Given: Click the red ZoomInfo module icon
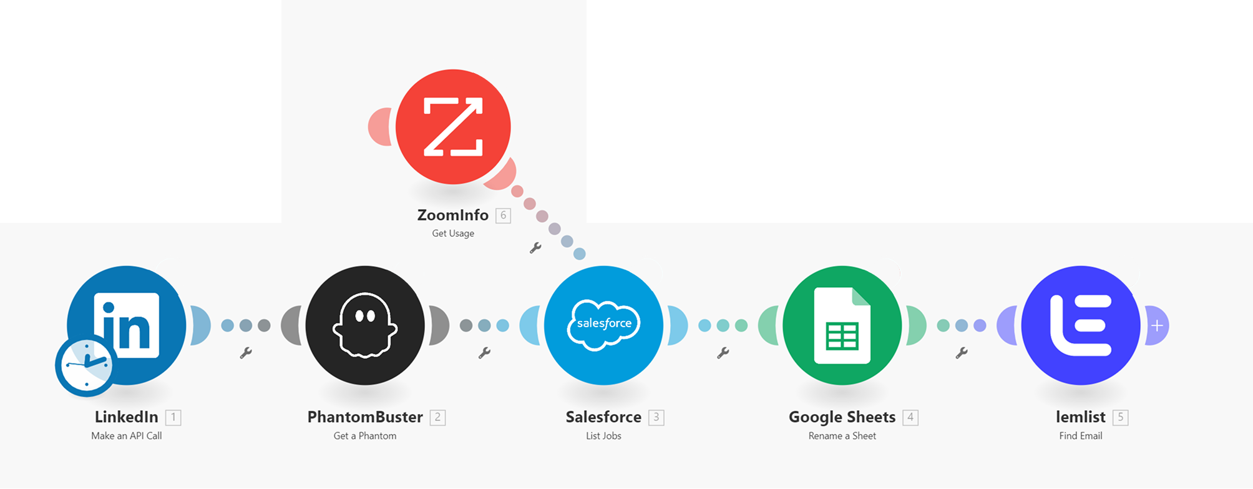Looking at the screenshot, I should point(453,127).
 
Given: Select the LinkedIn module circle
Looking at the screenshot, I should point(127,325).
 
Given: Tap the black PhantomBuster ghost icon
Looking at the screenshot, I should point(365,325).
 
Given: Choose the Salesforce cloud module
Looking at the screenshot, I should point(603,325).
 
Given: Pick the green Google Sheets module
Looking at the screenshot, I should point(842,325).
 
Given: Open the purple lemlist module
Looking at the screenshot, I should point(1081,325).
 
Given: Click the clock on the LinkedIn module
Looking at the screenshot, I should point(84,367).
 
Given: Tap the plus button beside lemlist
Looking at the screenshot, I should point(1157,325).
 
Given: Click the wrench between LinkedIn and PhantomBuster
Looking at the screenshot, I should point(246,353).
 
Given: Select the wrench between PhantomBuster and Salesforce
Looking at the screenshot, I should point(484,353).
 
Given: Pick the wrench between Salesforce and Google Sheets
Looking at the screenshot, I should point(723,353).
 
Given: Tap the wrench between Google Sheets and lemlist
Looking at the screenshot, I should point(962,353).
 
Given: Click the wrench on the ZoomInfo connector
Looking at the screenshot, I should point(535,248).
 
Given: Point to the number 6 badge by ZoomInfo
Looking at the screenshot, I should point(503,215).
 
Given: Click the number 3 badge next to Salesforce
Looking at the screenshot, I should point(656,417).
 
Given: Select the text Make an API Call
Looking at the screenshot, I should point(127,436).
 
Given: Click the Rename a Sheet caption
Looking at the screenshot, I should point(842,436).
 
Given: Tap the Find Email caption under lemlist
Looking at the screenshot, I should point(1081,436).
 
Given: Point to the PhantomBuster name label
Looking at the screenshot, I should point(365,417).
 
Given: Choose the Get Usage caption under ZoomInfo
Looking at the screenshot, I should point(453,234).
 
